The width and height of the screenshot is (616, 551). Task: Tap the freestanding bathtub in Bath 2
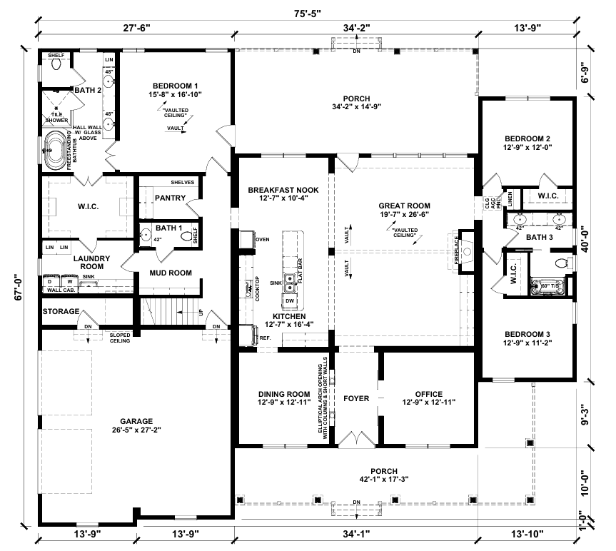[55, 151]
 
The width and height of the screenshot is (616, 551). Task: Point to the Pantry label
[170, 198]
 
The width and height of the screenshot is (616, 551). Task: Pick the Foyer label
[355, 398]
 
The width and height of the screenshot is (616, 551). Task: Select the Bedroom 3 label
[527, 333]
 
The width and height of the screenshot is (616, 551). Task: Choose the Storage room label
[61, 312]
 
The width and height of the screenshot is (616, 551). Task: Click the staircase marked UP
[171, 313]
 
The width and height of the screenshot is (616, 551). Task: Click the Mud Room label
[170, 273]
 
